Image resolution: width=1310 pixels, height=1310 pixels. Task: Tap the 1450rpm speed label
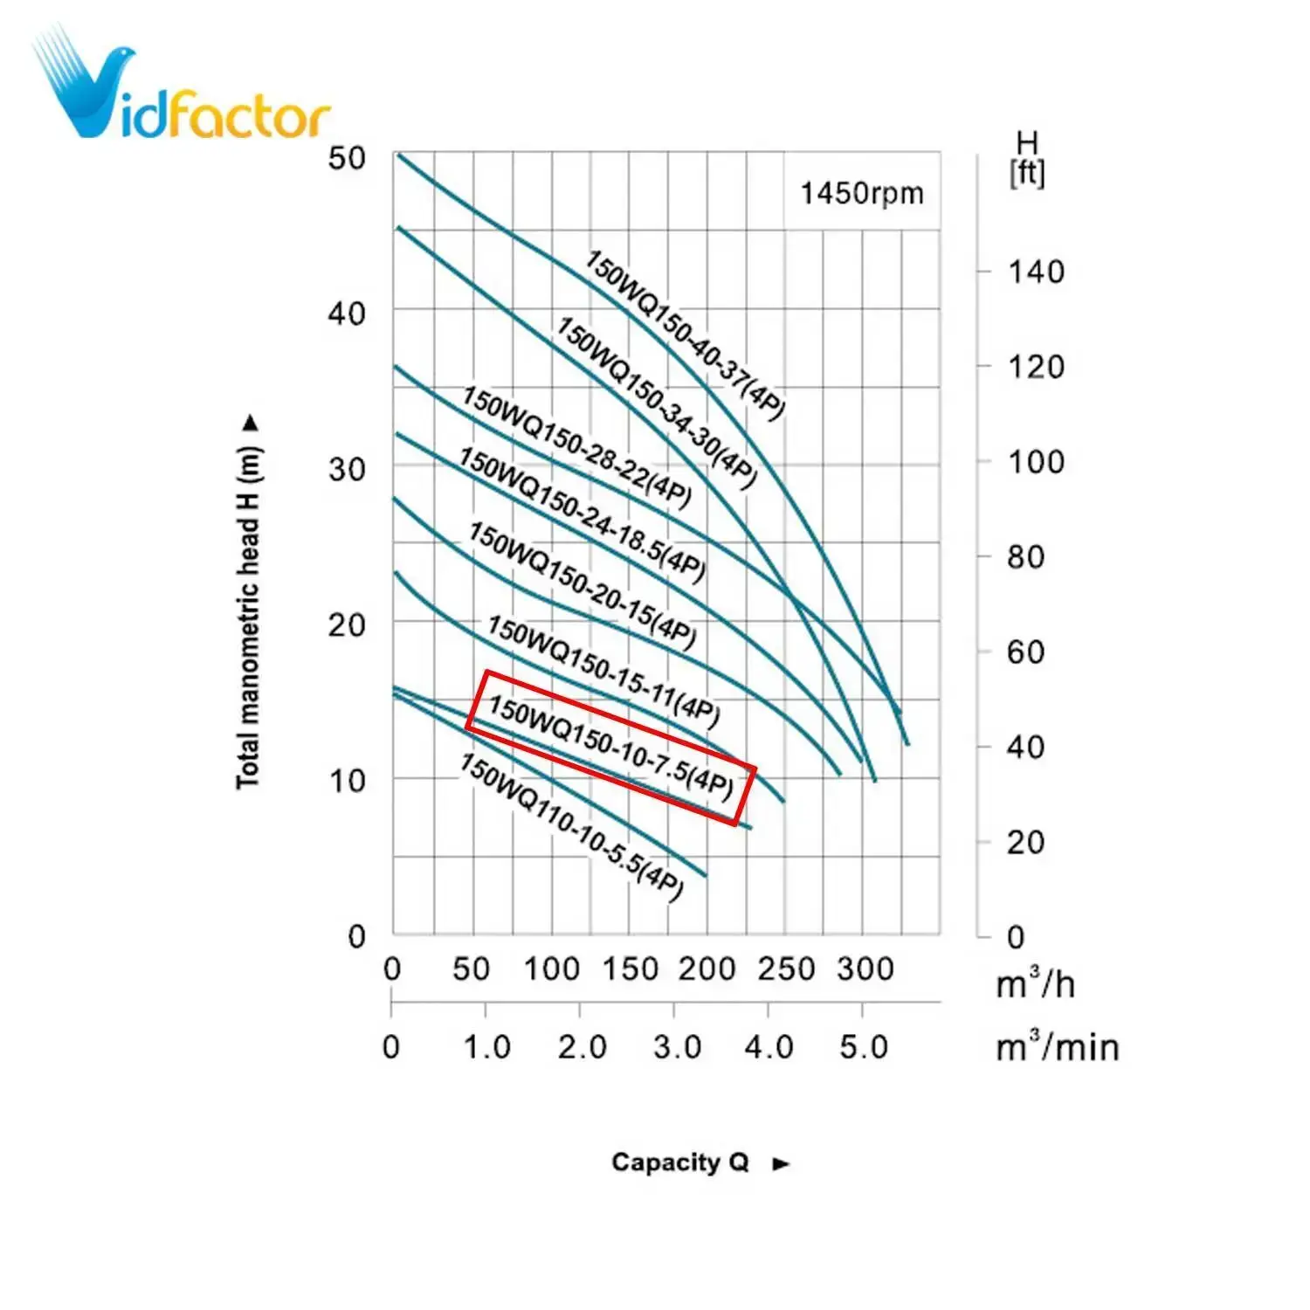pyautogui.click(x=861, y=193)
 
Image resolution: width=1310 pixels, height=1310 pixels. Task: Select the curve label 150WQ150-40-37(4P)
pyautogui.click(x=685, y=335)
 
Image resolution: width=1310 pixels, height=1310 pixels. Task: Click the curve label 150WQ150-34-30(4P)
pyautogui.click(x=656, y=403)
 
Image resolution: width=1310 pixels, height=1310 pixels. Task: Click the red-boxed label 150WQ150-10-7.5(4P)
pyautogui.click(x=610, y=747)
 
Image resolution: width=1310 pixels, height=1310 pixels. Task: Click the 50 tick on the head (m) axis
pyautogui.click(x=346, y=158)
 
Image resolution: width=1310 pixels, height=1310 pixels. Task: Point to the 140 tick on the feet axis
pyautogui.click(x=1036, y=272)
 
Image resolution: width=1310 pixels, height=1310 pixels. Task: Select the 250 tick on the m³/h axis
pyautogui.click(x=785, y=969)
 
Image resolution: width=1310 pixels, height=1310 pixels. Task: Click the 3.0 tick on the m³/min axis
pyautogui.click(x=677, y=1046)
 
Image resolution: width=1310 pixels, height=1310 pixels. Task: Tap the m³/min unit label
pyautogui.click(x=1057, y=1045)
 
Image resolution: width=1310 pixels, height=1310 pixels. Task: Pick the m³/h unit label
pyautogui.click(x=1035, y=983)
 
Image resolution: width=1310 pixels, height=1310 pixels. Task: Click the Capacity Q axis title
pyautogui.click(x=681, y=1162)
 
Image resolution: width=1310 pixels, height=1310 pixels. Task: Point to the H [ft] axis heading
pyautogui.click(x=1027, y=158)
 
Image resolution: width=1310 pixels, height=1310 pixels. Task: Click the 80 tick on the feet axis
pyautogui.click(x=1025, y=556)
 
